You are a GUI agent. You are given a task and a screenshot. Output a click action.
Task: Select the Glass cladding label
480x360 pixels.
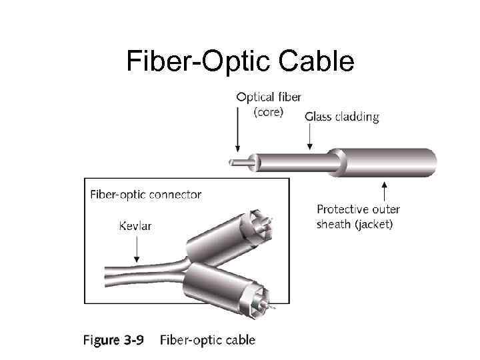341,117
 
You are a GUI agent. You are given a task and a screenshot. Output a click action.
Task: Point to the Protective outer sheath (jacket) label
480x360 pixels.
359,217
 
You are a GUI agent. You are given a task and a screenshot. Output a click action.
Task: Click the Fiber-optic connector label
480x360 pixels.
145,195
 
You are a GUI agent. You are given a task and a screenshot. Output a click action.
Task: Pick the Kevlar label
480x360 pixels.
135,226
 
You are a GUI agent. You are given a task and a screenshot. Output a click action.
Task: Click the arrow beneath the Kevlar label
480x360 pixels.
136,248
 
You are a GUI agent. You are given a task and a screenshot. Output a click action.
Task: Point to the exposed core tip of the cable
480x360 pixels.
231,161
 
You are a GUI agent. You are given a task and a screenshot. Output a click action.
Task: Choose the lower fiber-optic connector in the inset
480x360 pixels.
230,287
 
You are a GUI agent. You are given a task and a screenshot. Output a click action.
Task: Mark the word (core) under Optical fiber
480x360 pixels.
268,112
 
